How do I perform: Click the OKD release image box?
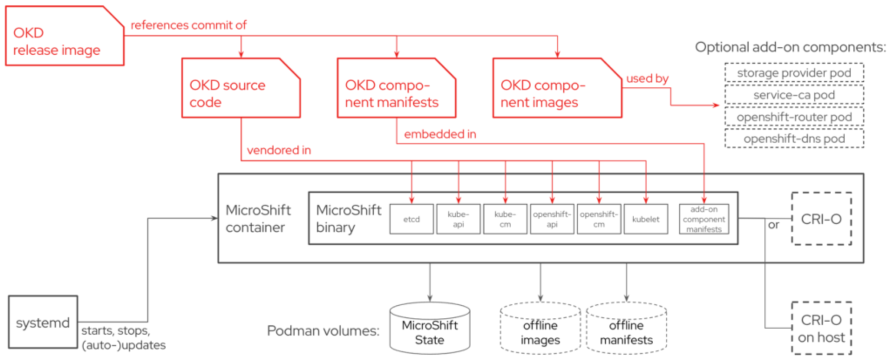(64, 36)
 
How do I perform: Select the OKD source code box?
(241, 88)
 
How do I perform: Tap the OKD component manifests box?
(396, 88)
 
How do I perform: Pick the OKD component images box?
(556, 88)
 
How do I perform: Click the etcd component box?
(411, 219)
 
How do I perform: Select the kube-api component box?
(458, 219)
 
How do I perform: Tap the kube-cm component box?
(505, 219)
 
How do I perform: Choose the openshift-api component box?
(552, 219)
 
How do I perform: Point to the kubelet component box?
(646, 219)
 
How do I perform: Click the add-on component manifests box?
(704, 219)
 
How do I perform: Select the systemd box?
(43, 322)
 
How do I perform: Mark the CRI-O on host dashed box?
(821, 328)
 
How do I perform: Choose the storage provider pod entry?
(794, 73)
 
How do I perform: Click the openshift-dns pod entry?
(794, 138)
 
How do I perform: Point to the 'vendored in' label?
(279, 150)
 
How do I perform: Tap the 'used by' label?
(647, 78)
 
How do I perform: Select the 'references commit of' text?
(188, 25)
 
